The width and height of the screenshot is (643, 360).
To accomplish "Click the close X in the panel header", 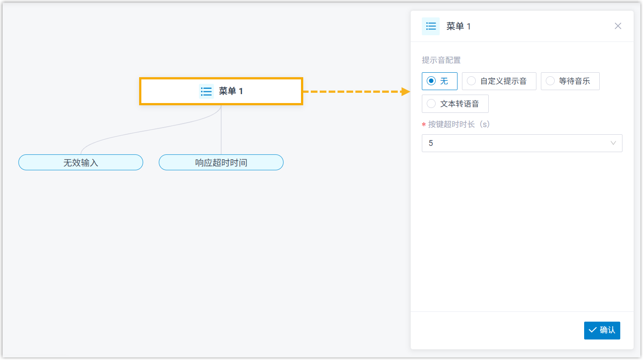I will tap(618, 26).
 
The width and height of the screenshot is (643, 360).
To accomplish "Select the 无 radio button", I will tap(431, 81).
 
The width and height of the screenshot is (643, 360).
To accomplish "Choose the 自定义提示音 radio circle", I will tap(471, 81).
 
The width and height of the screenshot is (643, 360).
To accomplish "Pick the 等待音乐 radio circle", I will tap(550, 81).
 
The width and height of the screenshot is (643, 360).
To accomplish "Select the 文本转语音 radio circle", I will tap(431, 104).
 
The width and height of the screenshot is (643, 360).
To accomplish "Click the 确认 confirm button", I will tap(602, 330).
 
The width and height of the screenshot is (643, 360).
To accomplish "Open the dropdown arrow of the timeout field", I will tap(613, 143).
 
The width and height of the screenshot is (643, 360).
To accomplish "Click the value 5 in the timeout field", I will tap(431, 143).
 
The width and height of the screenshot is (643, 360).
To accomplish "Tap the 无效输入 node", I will tap(81, 162).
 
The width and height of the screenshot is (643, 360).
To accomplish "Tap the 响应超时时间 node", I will tap(221, 162).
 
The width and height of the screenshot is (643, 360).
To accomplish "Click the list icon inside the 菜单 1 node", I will tap(206, 91).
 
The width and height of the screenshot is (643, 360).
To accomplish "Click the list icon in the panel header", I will tap(431, 26).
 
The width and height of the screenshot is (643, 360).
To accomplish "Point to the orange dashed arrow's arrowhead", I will tap(405, 91).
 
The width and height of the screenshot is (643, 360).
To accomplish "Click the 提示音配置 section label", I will tap(441, 60).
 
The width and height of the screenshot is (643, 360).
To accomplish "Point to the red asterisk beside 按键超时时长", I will tap(424, 125).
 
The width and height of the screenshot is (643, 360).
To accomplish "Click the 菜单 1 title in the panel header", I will tap(458, 26).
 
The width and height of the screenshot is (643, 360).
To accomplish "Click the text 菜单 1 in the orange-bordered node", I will tap(231, 91).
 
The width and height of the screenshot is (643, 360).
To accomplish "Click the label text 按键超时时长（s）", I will tap(459, 124).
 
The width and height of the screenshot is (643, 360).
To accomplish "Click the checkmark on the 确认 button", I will tap(593, 330).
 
